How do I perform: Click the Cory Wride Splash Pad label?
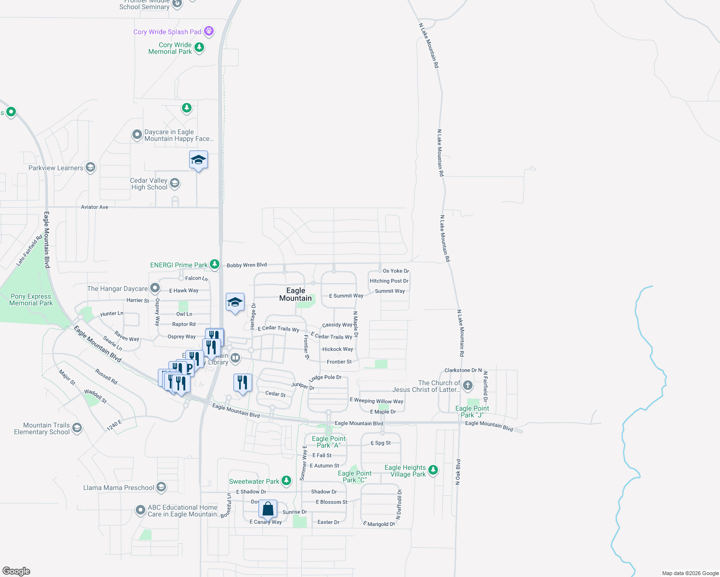pos(167,32)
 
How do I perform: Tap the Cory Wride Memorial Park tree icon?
pos(199,47)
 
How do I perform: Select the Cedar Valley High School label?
pos(149,184)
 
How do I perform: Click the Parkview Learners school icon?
pos(90,167)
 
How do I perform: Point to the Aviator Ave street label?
pos(94,207)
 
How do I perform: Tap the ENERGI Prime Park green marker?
pos(215,264)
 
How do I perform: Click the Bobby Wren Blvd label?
pos(246,265)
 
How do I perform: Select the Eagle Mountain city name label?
pos(296,294)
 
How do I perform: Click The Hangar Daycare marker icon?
pos(155,288)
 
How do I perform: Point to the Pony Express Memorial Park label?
pos(31,300)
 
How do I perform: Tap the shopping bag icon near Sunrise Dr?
pos(268,509)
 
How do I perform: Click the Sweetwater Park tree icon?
pos(286,480)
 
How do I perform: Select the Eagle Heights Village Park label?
pos(405,471)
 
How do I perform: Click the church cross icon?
pos(468,386)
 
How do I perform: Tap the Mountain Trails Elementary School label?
pos(42,428)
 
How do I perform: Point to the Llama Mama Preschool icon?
pos(161,487)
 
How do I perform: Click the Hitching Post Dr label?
pos(389,281)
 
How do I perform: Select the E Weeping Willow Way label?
pos(376,401)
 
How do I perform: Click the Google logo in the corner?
pos(16,571)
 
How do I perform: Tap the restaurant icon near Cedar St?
pos(242,383)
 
